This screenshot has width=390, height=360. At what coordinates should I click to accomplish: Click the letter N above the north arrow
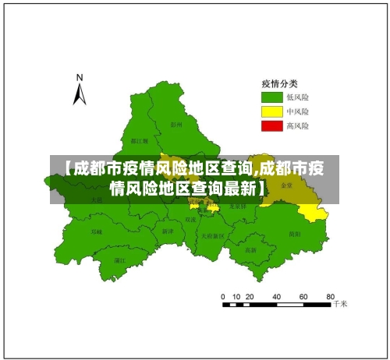pyautogui.click(x=80, y=77)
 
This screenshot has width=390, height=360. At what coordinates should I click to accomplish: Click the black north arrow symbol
pyautogui.click(x=80, y=94)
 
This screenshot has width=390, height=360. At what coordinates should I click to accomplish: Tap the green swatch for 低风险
pyautogui.click(x=271, y=97)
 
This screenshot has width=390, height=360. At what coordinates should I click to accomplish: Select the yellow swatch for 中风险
pyautogui.click(x=271, y=111)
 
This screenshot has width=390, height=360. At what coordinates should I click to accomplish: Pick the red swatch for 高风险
pyautogui.click(x=271, y=125)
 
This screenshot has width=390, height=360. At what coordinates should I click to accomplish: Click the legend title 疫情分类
pyautogui.click(x=278, y=83)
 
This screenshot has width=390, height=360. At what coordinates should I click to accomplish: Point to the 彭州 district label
pyautogui.click(x=176, y=123)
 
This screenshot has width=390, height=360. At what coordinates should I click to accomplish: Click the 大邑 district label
pyautogui.click(x=96, y=199)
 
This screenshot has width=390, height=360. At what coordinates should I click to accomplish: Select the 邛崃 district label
pyautogui.click(x=96, y=231)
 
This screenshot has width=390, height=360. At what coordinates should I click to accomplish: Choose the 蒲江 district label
pyautogui.click(x=119, y=260)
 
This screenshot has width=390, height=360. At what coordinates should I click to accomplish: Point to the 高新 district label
pyautogui.click(x=250, y=250)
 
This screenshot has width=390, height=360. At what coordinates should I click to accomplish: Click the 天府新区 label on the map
pyautogui.click(x=212, y=235)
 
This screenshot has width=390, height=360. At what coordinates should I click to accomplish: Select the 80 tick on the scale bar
pyautogui.click(x=331, y=297)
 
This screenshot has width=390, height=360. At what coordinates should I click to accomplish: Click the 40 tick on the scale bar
pyautogui.click(x=277, y=297)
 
